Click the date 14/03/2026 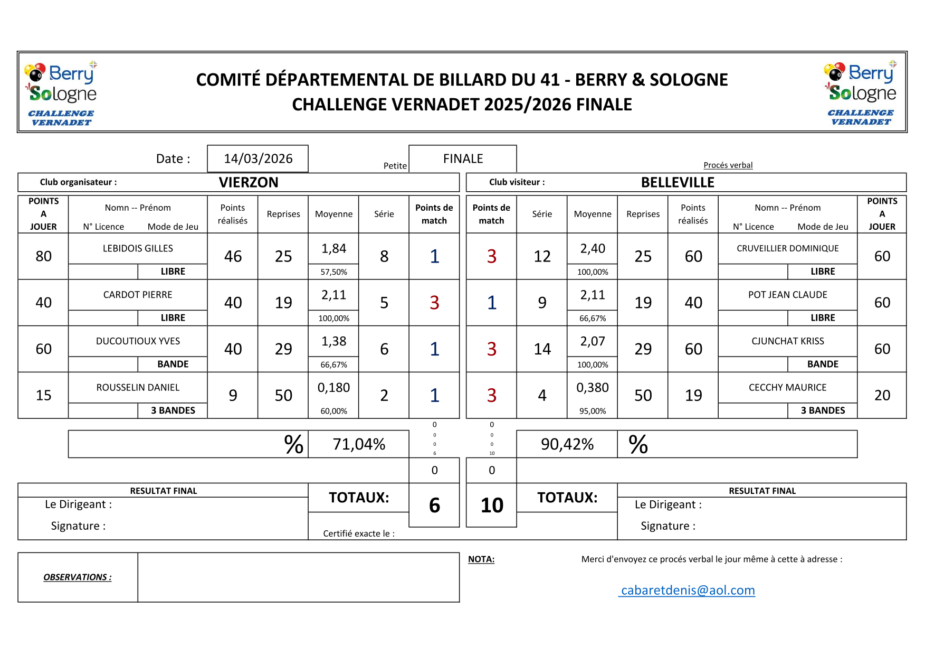point(258,158)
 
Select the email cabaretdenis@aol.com point(688,590)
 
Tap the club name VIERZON point(249,182)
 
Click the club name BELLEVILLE point(678,182)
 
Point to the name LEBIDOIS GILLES point(138,248)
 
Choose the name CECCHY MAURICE point(787,387)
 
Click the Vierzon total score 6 point(434,505)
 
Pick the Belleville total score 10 point(492,505)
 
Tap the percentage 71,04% point(359,444)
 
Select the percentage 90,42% point(567,444)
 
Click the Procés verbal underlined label point(728,165)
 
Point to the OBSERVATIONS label point(78,577)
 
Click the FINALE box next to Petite point(463,158)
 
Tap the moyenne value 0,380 point(593,388)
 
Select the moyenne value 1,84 point(334,248)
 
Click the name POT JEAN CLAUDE point(787,295)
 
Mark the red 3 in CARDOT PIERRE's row point(434,303)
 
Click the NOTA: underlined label point(481,559)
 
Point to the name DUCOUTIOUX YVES point(138,341)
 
